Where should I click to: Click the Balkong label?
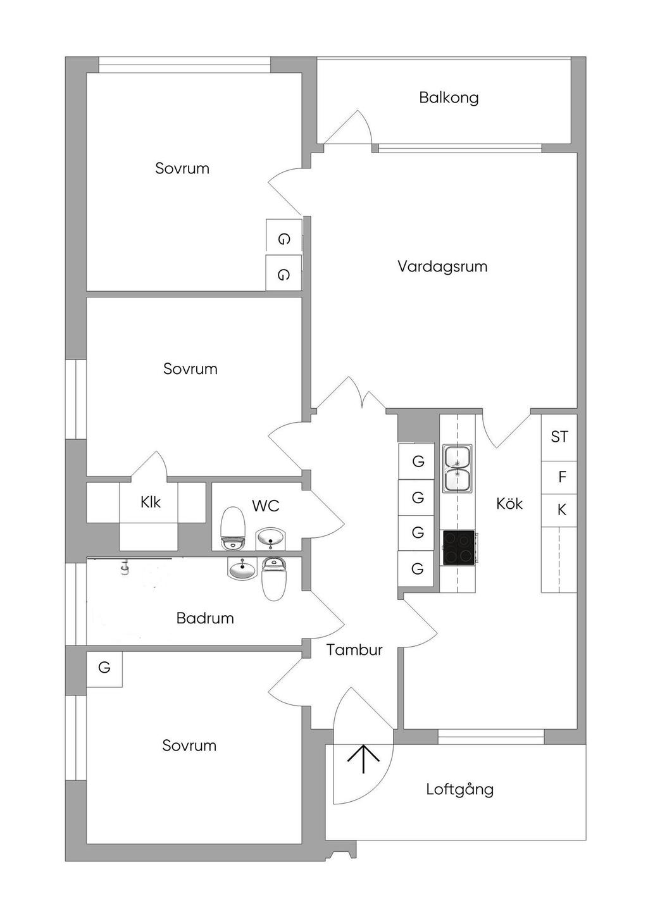[449, 97]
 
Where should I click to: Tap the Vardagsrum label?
[442, 266]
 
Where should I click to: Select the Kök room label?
[509, 504]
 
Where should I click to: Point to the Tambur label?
[354, 650]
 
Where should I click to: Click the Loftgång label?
[459, 789]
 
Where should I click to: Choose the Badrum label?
[205, 618]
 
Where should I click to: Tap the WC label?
[265, 506]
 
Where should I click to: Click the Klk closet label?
[151, 502]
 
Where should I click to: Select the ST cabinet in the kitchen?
[559, 437]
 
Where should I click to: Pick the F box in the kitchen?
[561, 477]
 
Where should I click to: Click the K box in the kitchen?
[561, 510]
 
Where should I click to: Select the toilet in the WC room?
[233, 529]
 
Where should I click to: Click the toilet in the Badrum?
[274, 578]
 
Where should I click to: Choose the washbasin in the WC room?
[271, 539]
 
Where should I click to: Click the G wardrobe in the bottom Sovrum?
[104, 667]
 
